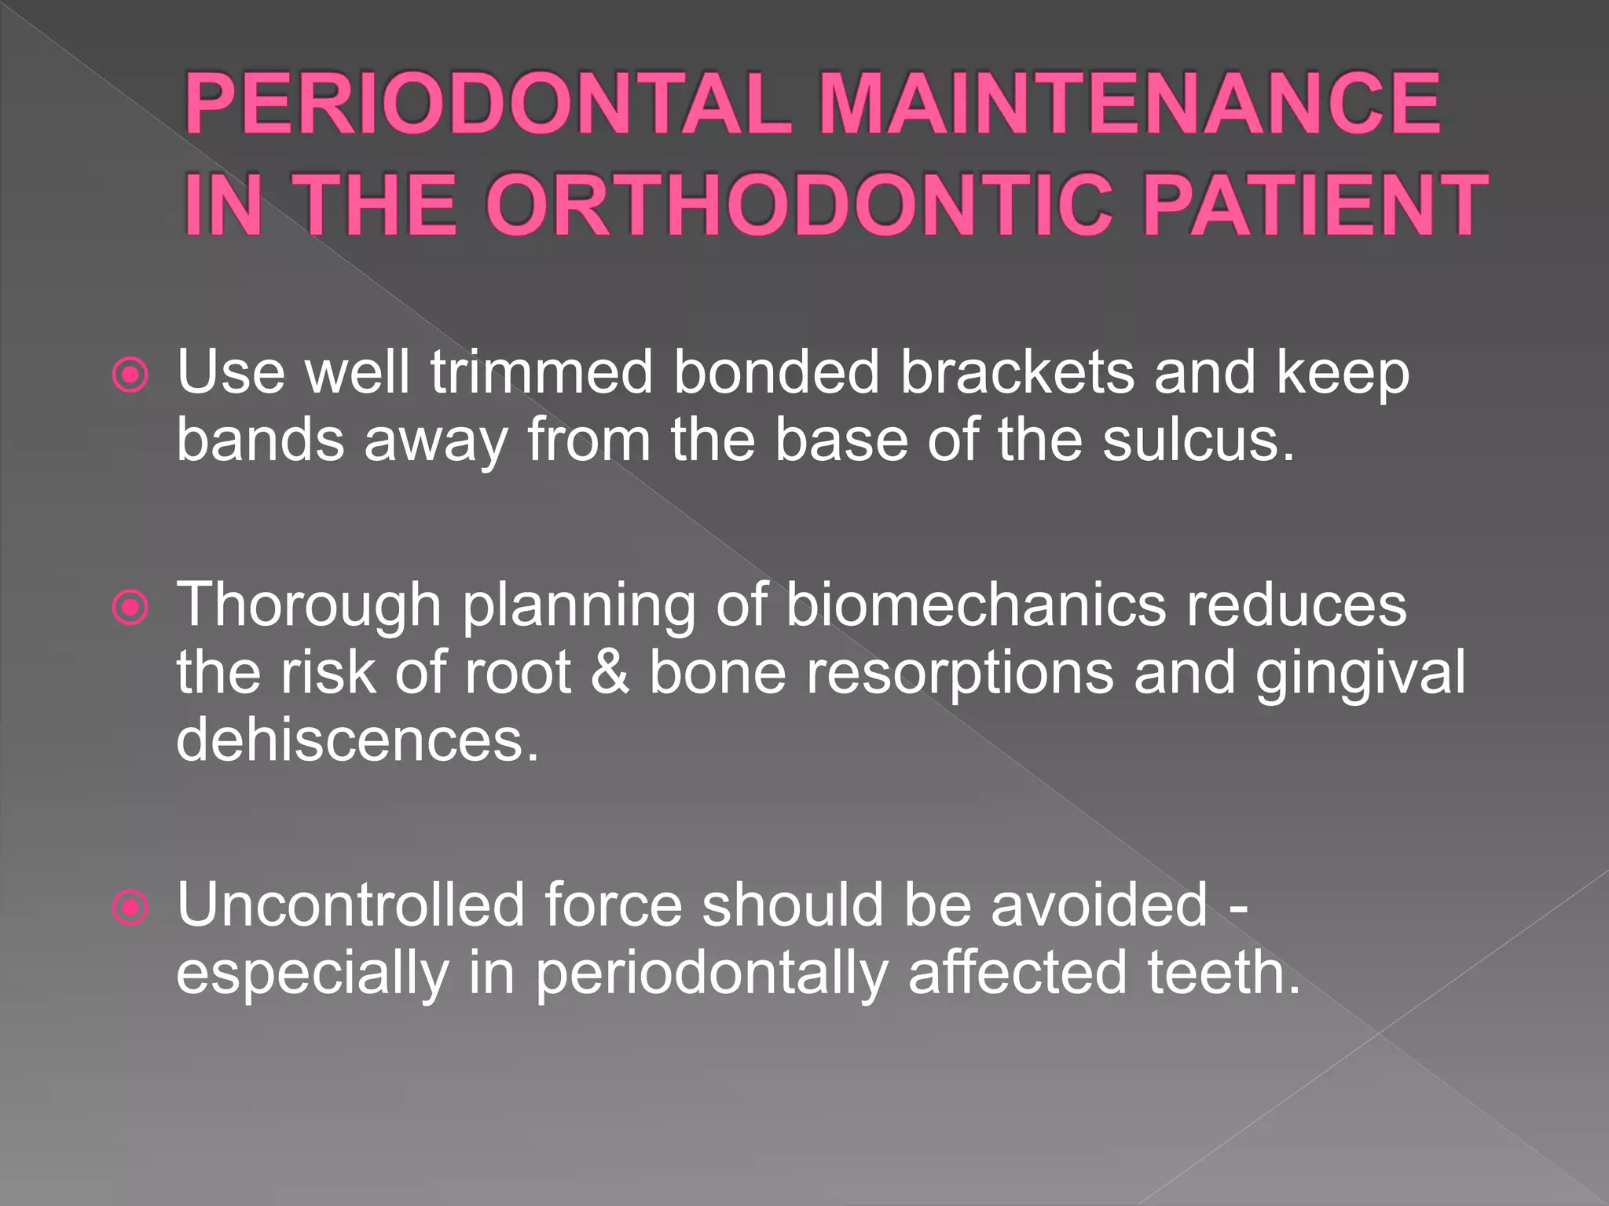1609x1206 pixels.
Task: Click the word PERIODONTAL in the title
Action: (x=487, y=104)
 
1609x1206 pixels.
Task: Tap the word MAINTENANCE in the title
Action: (x=1129, y=104)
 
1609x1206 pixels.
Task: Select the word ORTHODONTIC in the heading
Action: (x=798, y=206)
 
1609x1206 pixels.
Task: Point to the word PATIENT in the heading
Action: (x=1314, y=206)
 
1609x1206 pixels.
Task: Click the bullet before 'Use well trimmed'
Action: (x=130, y=375)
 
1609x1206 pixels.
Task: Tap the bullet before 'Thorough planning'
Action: (x=130, y=608)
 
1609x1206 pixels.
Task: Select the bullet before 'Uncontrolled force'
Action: (x=130, y=908)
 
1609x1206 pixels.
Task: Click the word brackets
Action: (x=1017, y=372)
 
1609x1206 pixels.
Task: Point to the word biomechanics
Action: (x=976, y=606)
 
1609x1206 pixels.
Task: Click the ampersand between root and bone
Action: (x=610, y=673)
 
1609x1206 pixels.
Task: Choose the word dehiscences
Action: (x=357, y=740)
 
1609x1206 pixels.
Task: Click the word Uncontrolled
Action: (x=350, y=905)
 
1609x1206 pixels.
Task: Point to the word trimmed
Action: (x=541, y=372)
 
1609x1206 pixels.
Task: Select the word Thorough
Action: (x=309, y=606)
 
